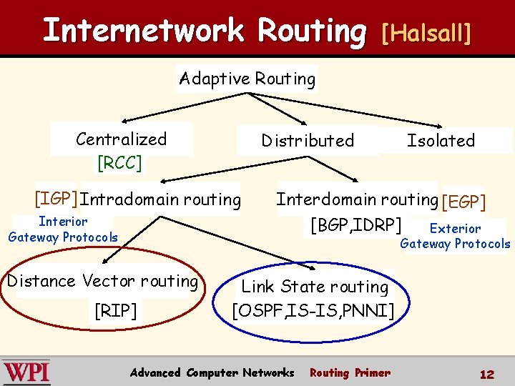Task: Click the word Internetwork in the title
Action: click(143, 31)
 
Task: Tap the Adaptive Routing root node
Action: click(247, 79)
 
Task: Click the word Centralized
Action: click(121, 139)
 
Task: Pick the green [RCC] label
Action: click(119, 163)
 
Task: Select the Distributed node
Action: click(308, 141)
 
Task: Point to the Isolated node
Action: click(441, 141)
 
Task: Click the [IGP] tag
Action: click(56, 198)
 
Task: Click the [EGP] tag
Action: click(463, 202)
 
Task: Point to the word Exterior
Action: click(455, 229)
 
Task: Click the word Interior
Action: click(63, 222)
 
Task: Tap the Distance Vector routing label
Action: click(102, 281)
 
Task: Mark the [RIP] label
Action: click(116, 310)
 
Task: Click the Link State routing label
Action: click(315, 287)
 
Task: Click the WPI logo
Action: click(26, 372)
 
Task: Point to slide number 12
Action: click(487, 374)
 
